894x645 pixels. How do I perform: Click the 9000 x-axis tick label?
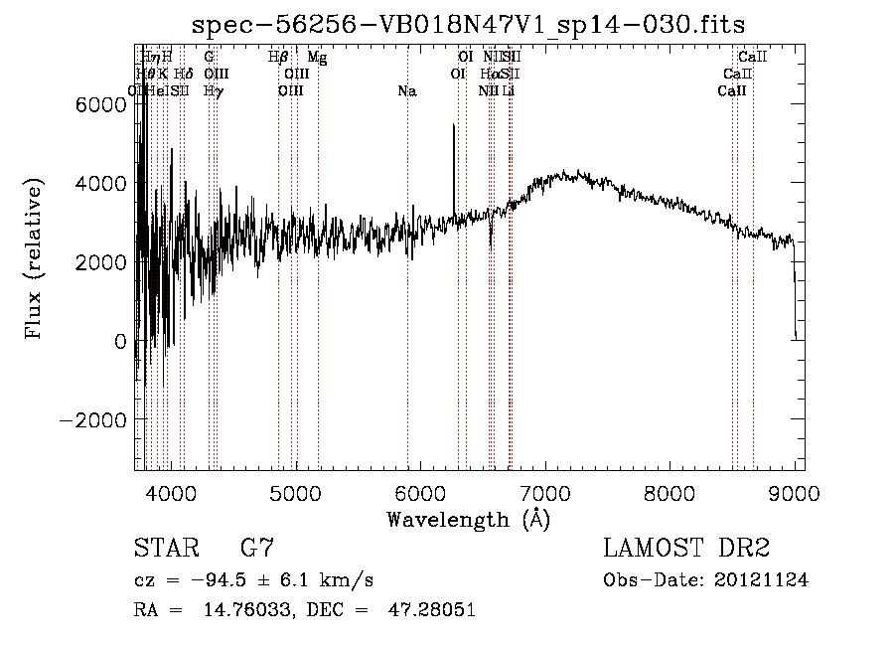click(x=795, y=492)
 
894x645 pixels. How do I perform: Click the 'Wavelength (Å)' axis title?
click(x=468, y=519)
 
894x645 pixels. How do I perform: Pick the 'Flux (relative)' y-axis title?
click(x=35, y=261)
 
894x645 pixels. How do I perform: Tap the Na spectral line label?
click(x=406, y=91)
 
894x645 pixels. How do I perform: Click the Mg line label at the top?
click(x=317, y=58)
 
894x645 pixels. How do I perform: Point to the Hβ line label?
click(x=278, y=58)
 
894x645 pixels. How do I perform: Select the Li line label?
click(x=508, y=91)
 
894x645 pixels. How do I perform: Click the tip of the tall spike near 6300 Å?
click(x=454, y=125)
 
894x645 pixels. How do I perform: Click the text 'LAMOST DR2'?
click(x=686, y=549)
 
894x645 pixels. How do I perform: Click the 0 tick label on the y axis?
click(x=119, y=341)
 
